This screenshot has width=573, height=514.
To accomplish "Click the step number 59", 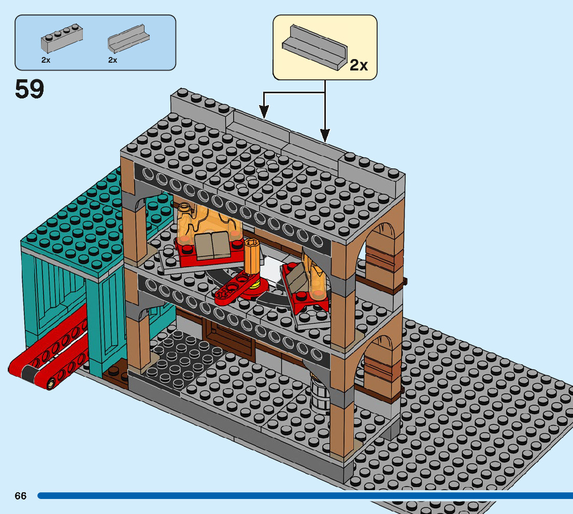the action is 30,89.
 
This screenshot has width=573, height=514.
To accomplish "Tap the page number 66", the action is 21,496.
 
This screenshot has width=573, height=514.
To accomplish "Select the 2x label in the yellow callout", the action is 359,65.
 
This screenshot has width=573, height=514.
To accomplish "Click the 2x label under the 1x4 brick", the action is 46,60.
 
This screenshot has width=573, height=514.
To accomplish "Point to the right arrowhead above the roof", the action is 325,136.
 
